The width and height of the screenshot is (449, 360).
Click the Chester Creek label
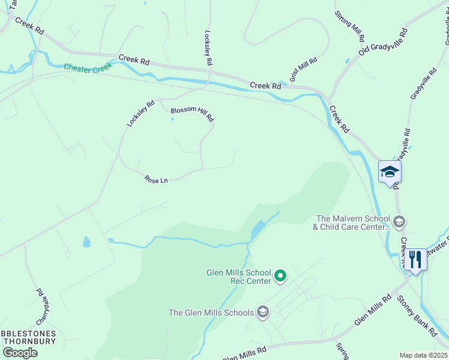pos(86,69)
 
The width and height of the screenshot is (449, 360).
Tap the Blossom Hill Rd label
pos(191,114)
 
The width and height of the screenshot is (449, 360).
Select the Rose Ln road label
pos(155,179)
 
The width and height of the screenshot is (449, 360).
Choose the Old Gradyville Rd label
pos(383,42)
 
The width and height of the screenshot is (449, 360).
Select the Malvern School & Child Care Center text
pos(352,223)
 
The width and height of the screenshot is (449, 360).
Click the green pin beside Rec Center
pos(280,277)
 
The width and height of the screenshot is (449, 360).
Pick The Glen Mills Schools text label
pos(211,312)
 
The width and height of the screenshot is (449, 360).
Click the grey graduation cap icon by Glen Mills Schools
pos(262,311)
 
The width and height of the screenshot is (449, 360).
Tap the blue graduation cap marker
pos(390,172)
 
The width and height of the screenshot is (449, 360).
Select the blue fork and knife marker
pos(415,260)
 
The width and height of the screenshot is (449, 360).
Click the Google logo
pos(20,353)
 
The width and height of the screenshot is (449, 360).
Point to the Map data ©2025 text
pos(423,355)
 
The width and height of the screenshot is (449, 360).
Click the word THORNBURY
pos(29,341)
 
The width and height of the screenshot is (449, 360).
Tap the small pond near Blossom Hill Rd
pos(172,119)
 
